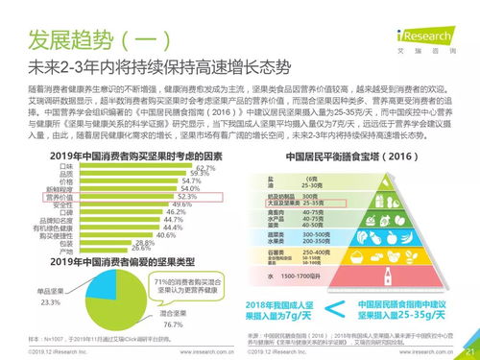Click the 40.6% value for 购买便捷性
(166, 234)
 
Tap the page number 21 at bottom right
(469, 350)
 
